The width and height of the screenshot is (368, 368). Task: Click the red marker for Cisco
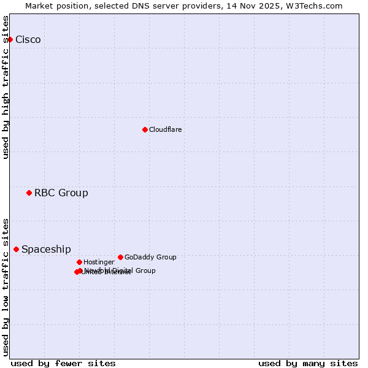tap(10, 39)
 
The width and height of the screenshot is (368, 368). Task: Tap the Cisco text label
tap(28, 40)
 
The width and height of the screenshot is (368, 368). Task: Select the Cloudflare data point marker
tap(145, 129)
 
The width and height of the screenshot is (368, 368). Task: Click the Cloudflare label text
tap(166, 130)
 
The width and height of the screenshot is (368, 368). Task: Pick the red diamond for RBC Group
tap(29, 193)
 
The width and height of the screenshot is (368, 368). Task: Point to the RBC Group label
tap(61, 193)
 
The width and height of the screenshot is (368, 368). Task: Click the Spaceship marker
tap(16, 249)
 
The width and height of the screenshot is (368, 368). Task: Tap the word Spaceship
tap(46, 250)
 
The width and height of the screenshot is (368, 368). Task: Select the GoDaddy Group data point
tap(120, 257)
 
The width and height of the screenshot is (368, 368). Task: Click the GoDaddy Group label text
tap(150, 258)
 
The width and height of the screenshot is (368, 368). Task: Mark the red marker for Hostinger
tap(79, 262)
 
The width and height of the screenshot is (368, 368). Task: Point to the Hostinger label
tap(99, 263)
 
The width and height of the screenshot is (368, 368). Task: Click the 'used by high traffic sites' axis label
tap(6, 87)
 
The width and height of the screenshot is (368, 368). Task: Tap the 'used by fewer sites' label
tap(63, 363)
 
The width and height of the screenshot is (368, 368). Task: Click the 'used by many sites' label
tap(308, 363)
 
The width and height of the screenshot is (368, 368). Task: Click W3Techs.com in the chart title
tap(316, 6)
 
